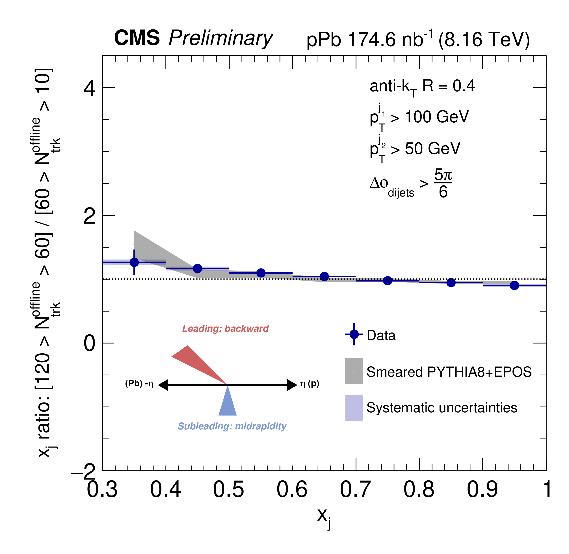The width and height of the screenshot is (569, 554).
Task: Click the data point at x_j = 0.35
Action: click(134, 262)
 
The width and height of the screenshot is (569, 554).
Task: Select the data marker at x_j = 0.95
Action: click(514, 285)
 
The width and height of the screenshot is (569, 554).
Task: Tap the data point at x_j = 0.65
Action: click(324, 276)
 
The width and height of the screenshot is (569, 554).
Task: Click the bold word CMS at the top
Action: click(137, 38)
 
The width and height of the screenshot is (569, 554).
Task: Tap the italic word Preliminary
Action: click(220, 38)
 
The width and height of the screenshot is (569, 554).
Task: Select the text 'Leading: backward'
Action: click(225, 328)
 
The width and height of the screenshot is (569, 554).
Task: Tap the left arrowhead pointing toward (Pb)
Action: click(163, 385)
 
